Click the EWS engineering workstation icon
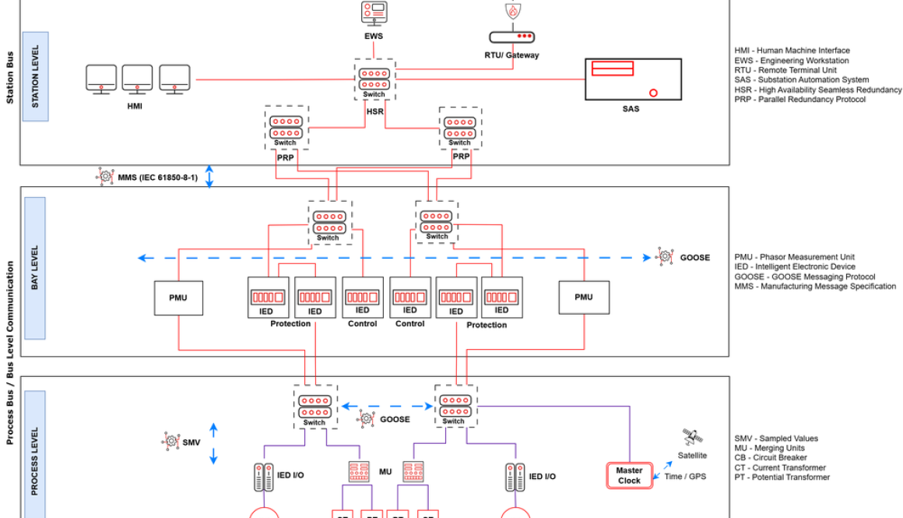coord(374,13)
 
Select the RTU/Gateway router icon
coord(511,37)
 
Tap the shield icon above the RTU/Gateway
coord(511,11)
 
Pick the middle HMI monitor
coord(138,79)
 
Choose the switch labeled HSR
coord(374,79)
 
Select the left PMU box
coord(179,298)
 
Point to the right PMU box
coord(583,298)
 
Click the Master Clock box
coord(629,475)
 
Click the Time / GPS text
coord(685,476)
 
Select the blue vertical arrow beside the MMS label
coord(209,176)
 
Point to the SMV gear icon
coord(170,442)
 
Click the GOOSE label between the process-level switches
coord(395,419)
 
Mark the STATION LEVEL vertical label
coord(35,76)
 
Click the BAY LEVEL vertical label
coord(35,268)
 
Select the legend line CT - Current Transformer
coord(782,467)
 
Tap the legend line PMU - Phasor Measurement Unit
coord(794,257)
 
